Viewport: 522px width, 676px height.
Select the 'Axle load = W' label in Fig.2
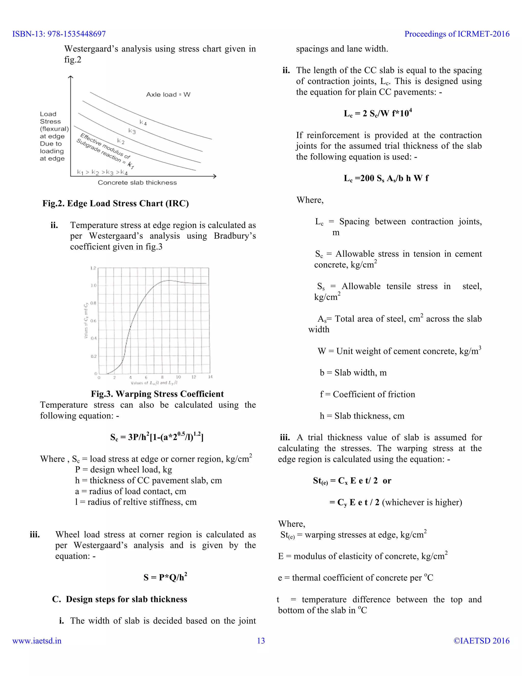pyautogui.click(x=168, y=94)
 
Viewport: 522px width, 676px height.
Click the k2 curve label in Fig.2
pyautogui.click(x=121, y=142)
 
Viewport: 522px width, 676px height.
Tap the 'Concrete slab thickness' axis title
pyautogui.click(x=137, y=183)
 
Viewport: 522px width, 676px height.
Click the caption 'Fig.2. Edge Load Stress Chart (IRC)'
pyautogui.click(x=115, y=203)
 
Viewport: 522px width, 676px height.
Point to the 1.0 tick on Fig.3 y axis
pyautogui.click(x=93, y=285)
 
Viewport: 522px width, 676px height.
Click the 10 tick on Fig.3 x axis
pyautogui.click(x=178, y=377)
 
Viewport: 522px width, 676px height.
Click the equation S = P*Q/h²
pyautogui.click(x=165, y=577)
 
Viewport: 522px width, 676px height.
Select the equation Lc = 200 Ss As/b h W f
pyautogui.click(x=386, y=178)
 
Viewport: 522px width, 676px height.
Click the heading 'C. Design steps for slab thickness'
pyautogui.click(x=120, y=599)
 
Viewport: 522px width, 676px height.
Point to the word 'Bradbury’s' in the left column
pyautogui.click(x=235, y=236)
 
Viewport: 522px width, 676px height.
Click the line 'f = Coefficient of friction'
pyautogui.click(x=367, y=394)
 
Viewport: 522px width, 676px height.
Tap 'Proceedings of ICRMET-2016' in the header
pyautogui.click(x=457, y=34)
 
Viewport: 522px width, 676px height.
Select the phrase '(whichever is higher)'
pyautogui.click(x=422, y=502)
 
